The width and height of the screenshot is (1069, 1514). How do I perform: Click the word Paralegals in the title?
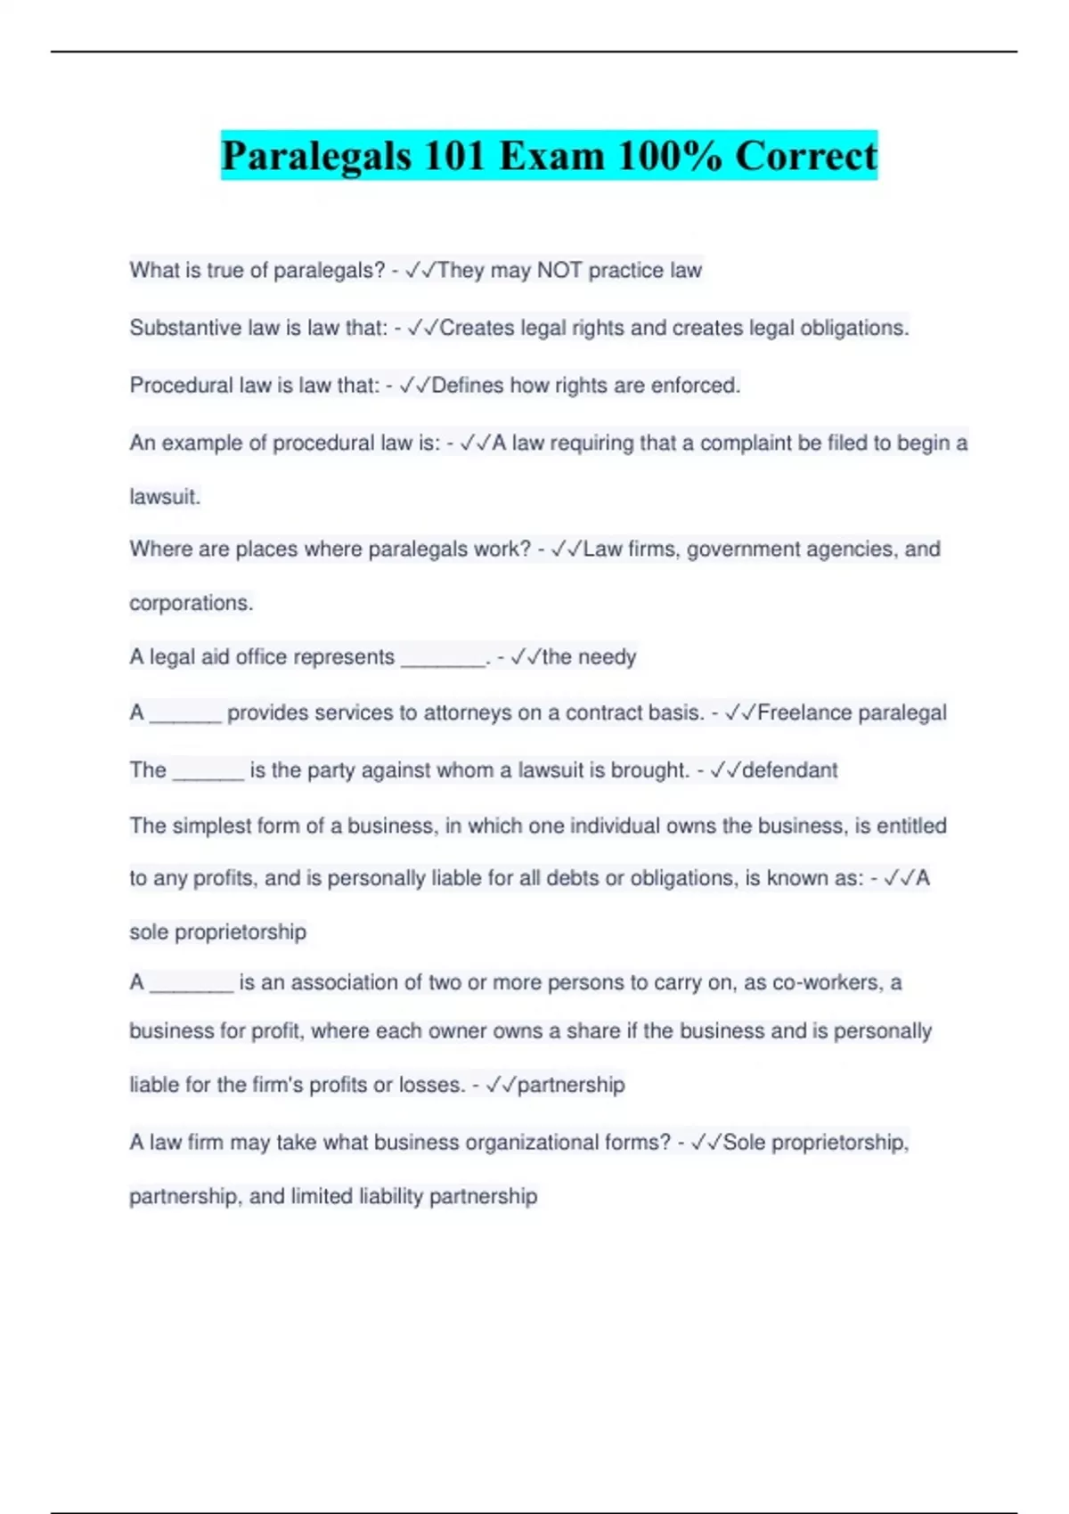click(316, 156)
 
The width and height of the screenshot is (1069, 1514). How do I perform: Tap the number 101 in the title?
click(454, 156)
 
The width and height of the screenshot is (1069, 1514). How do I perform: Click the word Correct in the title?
click(806, 156)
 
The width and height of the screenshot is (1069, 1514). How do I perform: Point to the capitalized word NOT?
click(559, 270)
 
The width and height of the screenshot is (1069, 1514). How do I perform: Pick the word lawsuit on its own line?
click(164, 497)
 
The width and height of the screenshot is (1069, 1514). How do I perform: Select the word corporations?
click(191, 603)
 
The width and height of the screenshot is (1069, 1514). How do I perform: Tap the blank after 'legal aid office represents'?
click(443, 659)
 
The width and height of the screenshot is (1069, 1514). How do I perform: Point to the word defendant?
click(789, 769)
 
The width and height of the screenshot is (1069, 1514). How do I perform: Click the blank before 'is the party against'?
click(208, 772)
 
